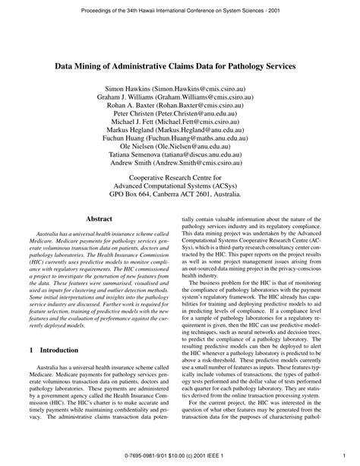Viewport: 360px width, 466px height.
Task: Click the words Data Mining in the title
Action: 81,66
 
